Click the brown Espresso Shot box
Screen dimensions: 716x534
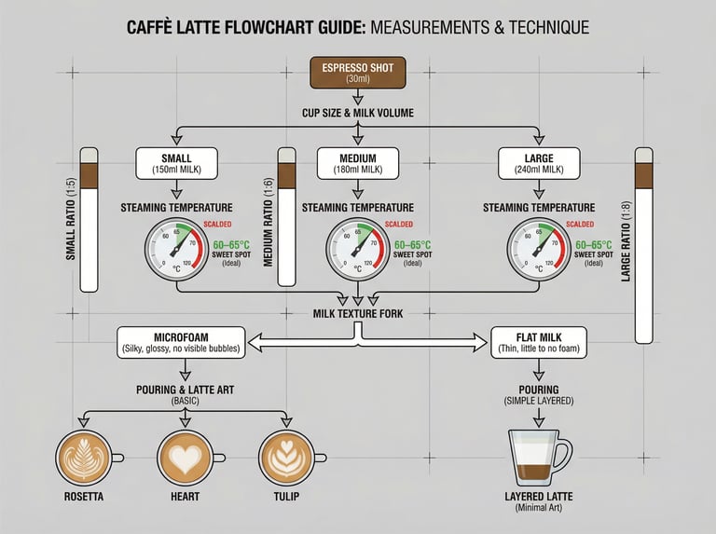[358, 73]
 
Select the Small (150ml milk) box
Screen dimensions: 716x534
[176, 163]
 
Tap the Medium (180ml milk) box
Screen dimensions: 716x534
[358, 163]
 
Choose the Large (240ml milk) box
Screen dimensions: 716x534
[539, 163]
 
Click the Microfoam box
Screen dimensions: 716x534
[181, 342]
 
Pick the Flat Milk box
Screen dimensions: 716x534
[539, 342]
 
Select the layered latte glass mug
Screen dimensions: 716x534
[539, 458]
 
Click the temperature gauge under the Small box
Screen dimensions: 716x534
[176, 250]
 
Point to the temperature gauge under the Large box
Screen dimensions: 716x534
[539, 250]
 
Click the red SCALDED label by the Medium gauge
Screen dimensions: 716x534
[399, 224]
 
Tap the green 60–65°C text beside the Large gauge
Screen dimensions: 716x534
[593, 245]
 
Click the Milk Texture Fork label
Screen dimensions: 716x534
[358, 313]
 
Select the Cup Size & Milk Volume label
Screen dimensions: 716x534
[358, 113]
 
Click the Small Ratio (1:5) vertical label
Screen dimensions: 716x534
[70, 219]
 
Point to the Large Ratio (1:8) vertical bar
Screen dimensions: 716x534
[644, 245]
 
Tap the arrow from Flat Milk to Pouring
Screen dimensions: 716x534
[539, 370]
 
